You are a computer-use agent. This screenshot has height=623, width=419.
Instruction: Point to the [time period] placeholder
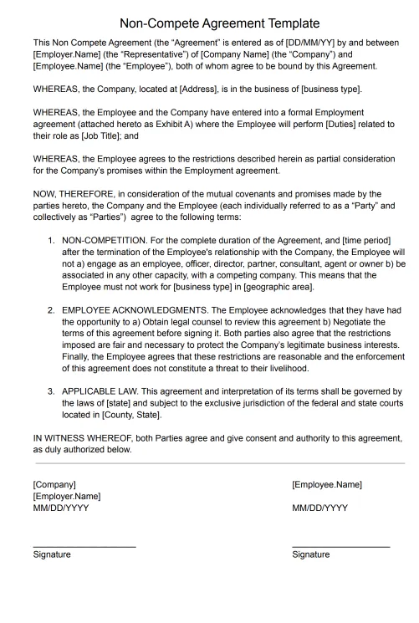(365, 241)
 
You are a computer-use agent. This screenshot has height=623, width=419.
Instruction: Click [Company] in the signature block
(54, 484)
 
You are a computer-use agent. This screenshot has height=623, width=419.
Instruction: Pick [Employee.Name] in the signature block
(327, 484)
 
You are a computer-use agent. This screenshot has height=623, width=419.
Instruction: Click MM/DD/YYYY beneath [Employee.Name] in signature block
(320, 508)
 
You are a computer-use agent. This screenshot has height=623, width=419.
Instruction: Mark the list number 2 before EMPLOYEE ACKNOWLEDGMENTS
(51, 310)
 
